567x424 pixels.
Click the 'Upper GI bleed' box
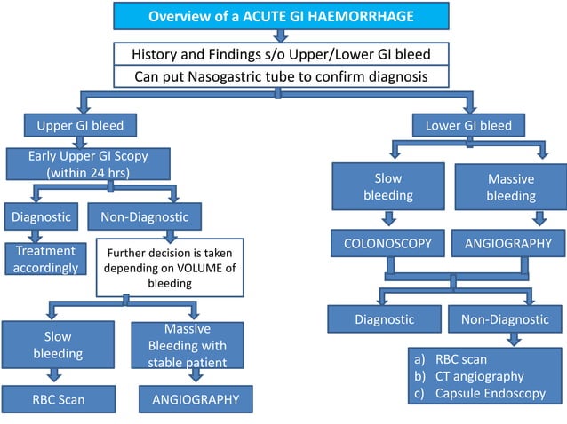[74, 125]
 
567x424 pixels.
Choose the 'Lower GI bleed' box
[468, 125]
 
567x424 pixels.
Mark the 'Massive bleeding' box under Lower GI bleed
[510, 186]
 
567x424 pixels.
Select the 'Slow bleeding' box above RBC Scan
[57, 345]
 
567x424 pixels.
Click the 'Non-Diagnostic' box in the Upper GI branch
[144, 216]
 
